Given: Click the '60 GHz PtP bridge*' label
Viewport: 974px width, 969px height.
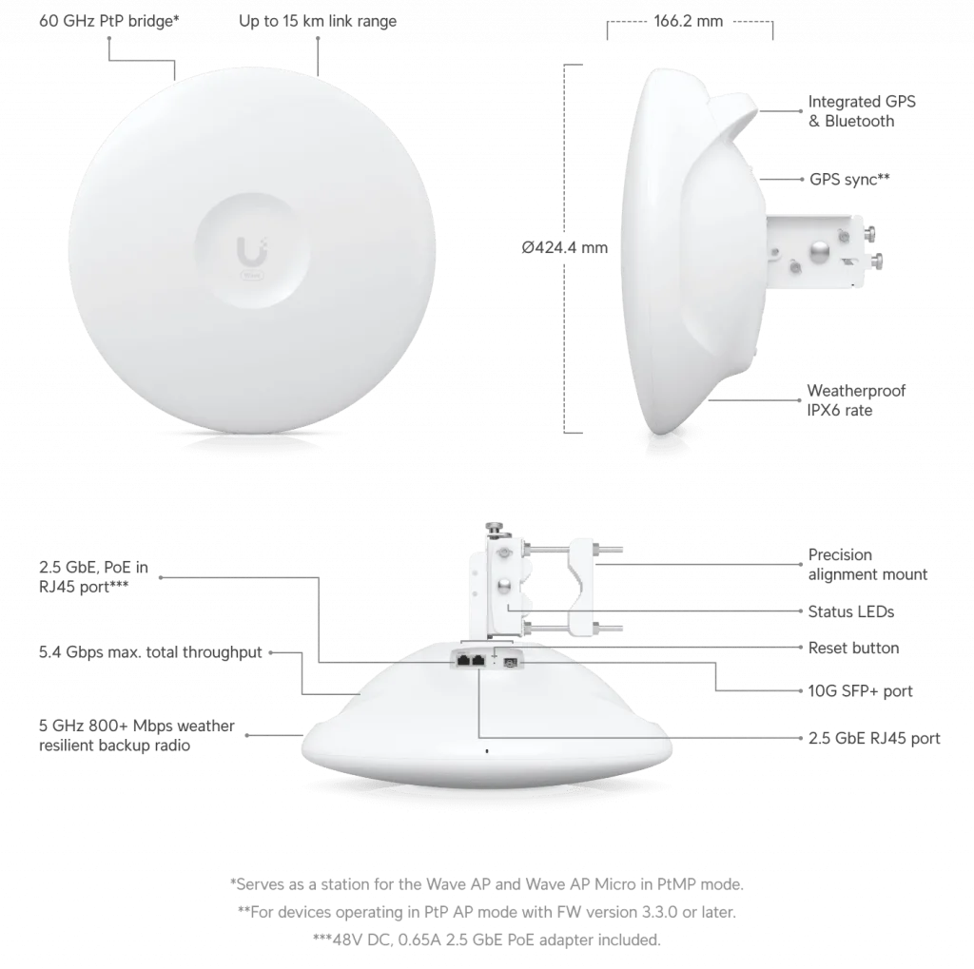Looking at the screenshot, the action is (108, 21).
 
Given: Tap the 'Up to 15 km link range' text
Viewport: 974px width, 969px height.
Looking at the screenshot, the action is (318, 21).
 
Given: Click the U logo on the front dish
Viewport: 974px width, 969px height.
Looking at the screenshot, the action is (251, 251).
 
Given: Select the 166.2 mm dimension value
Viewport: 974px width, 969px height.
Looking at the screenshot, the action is (689, 21).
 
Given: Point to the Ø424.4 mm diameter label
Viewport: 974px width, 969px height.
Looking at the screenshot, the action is (565, 248).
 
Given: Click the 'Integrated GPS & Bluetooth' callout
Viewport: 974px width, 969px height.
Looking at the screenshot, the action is (862, 111).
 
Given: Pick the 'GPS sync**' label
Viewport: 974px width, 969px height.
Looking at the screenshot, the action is (849, 180).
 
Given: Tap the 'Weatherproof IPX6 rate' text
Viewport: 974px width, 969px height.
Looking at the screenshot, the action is (856, 400).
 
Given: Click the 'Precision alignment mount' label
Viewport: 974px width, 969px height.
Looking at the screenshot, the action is (867, 564).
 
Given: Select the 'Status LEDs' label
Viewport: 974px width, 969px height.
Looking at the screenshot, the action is (851, 611).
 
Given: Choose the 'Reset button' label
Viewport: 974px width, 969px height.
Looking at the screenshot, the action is (853, 648).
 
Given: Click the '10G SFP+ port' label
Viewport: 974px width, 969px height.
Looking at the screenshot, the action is (860, 690).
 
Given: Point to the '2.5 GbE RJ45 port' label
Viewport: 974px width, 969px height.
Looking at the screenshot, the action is (874, 738).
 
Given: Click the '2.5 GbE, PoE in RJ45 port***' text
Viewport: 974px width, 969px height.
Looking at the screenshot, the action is (93, 576).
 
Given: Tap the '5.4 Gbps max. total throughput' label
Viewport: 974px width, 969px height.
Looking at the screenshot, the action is (150, 652).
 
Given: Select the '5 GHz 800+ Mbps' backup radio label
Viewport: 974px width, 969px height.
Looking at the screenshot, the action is (137, 735).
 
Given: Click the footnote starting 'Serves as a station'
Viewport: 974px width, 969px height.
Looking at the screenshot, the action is (486, 884).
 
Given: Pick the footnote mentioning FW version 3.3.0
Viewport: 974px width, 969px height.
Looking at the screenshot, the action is (486, 912).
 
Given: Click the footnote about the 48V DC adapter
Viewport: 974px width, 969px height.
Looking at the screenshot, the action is (486, 940).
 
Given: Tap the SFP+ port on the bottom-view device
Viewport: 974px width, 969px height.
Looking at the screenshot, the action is (511, 663).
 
